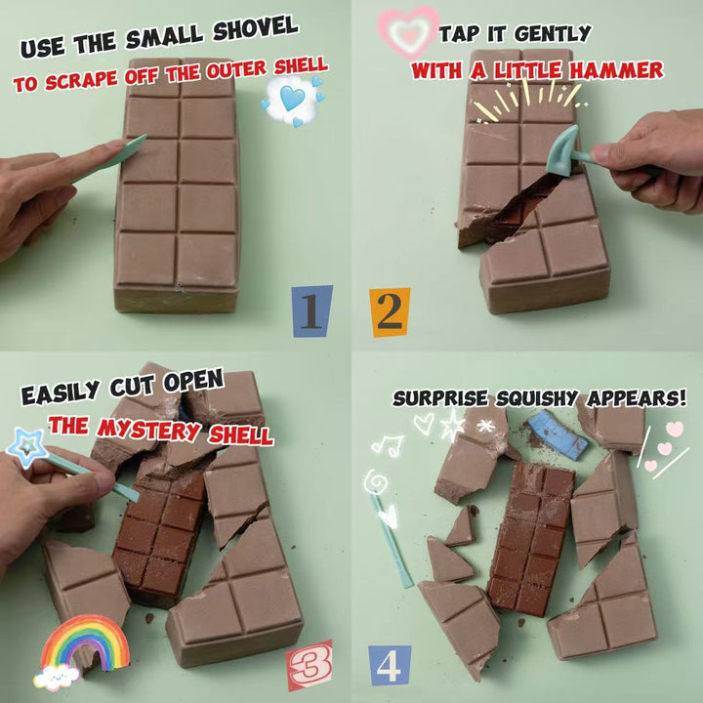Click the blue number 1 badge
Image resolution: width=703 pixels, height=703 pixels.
[x=312, y=311]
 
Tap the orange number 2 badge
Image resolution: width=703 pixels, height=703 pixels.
[x=390, y=312]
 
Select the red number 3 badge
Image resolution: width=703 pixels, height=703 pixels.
[x=310, y=665]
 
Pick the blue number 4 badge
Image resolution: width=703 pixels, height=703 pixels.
[x=390, y=665]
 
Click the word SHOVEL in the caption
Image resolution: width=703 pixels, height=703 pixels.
[x=256, y=30]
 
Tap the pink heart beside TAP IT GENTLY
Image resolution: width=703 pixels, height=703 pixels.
[x=408, y=31]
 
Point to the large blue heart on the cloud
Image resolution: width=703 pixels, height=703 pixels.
[x=292, y=99]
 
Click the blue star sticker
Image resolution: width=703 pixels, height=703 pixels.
[x=27, y=447]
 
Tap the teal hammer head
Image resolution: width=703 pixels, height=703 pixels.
[x=562, y=151]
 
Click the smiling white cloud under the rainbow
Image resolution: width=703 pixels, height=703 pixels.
[x=57, y=677]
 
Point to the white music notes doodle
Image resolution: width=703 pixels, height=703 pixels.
[x=389, y=445]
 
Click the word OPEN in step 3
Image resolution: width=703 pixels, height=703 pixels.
[x=193, y=382]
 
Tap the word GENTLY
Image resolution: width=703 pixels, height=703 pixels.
[x=553, y=33]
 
